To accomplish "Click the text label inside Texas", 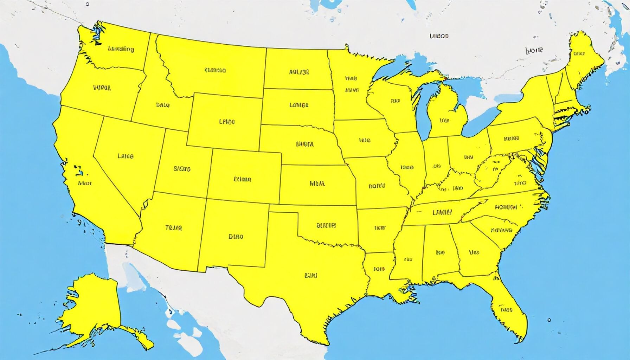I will [x=310, y=275].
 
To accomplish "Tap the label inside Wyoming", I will [x=227, y=122].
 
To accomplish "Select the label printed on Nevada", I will [x=126, y=156].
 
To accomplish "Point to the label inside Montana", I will [x=215, y=70].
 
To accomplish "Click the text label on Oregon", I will [x=102, y=88].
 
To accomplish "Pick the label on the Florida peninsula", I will [x=506, y=310].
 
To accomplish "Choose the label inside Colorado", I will [x=242, y=179].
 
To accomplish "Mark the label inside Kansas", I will [x=317, y=183].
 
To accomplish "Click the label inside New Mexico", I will [x=236, y=237].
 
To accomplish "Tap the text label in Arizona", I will [x=174, y=228].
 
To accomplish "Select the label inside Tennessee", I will [x=442, y=212].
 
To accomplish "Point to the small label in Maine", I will [x=579, y=54].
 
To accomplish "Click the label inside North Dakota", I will [x=299, y=72].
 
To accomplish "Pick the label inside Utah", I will [x=182, y=169].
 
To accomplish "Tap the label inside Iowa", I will [x=365, y=140].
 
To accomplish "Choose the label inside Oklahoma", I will [x=326, y=225].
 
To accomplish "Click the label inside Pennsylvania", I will [x=511, y=139].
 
